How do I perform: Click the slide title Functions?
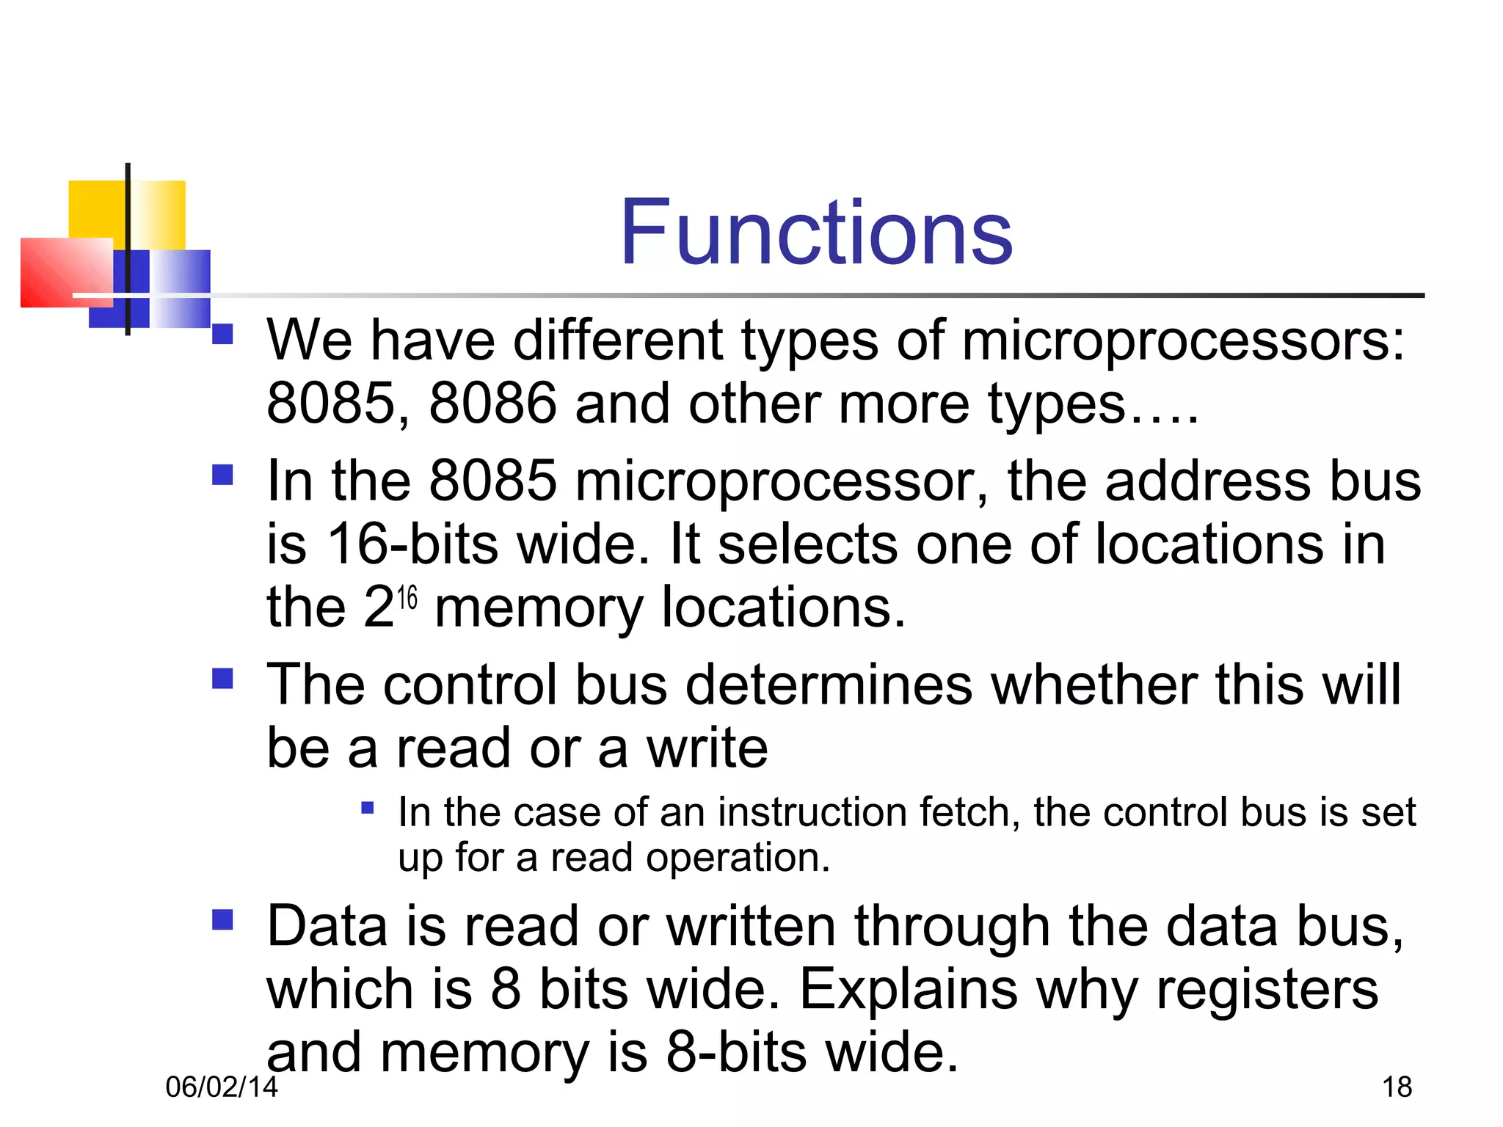[816, 233]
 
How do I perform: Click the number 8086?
[492, 404]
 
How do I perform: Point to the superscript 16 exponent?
[407, 598]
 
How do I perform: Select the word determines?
[829, 685]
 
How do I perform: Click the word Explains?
[908, 989]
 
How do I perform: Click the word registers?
[1267, 989]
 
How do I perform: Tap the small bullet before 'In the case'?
[368, 809]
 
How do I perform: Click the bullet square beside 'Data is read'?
[222, 920]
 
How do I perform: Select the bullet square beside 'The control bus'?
[222, 679]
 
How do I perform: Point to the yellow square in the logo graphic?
[95, 209]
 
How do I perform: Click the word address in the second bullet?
[1207, 481]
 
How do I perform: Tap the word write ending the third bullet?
[707, 748]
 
